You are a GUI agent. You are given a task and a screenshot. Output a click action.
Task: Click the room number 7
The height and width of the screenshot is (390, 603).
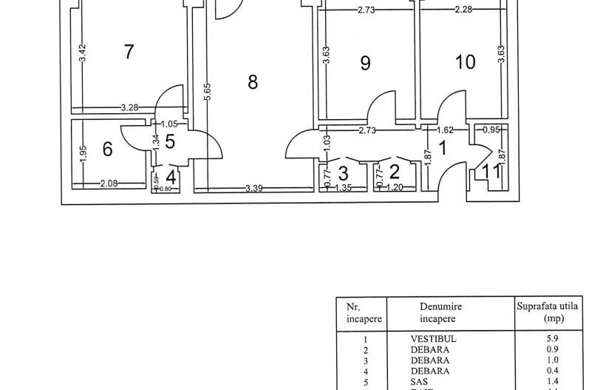coord(129,52)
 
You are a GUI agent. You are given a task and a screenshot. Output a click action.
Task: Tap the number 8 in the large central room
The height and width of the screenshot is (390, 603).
coord(253,81)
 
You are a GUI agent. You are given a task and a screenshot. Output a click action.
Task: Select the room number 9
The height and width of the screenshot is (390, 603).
coord(365,63)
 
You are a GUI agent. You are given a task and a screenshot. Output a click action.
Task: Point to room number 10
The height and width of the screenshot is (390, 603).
coord(466,61)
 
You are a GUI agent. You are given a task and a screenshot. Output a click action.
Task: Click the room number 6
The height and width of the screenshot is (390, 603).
coord(108,149)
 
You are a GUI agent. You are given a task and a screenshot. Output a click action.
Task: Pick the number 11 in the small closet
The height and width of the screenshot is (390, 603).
coord(491,172)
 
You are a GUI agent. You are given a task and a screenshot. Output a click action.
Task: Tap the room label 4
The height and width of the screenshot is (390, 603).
coord(171,178)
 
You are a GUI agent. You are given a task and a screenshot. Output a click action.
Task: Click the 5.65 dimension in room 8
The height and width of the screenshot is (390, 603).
coord(208,92)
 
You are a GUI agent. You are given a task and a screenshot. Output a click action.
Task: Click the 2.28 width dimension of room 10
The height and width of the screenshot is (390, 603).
coord(465,10)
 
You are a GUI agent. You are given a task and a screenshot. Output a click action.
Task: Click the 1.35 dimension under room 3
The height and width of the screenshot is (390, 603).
coord(344,189)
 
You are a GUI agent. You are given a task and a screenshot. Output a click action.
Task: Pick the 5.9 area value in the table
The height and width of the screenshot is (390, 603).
coord(548,338)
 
